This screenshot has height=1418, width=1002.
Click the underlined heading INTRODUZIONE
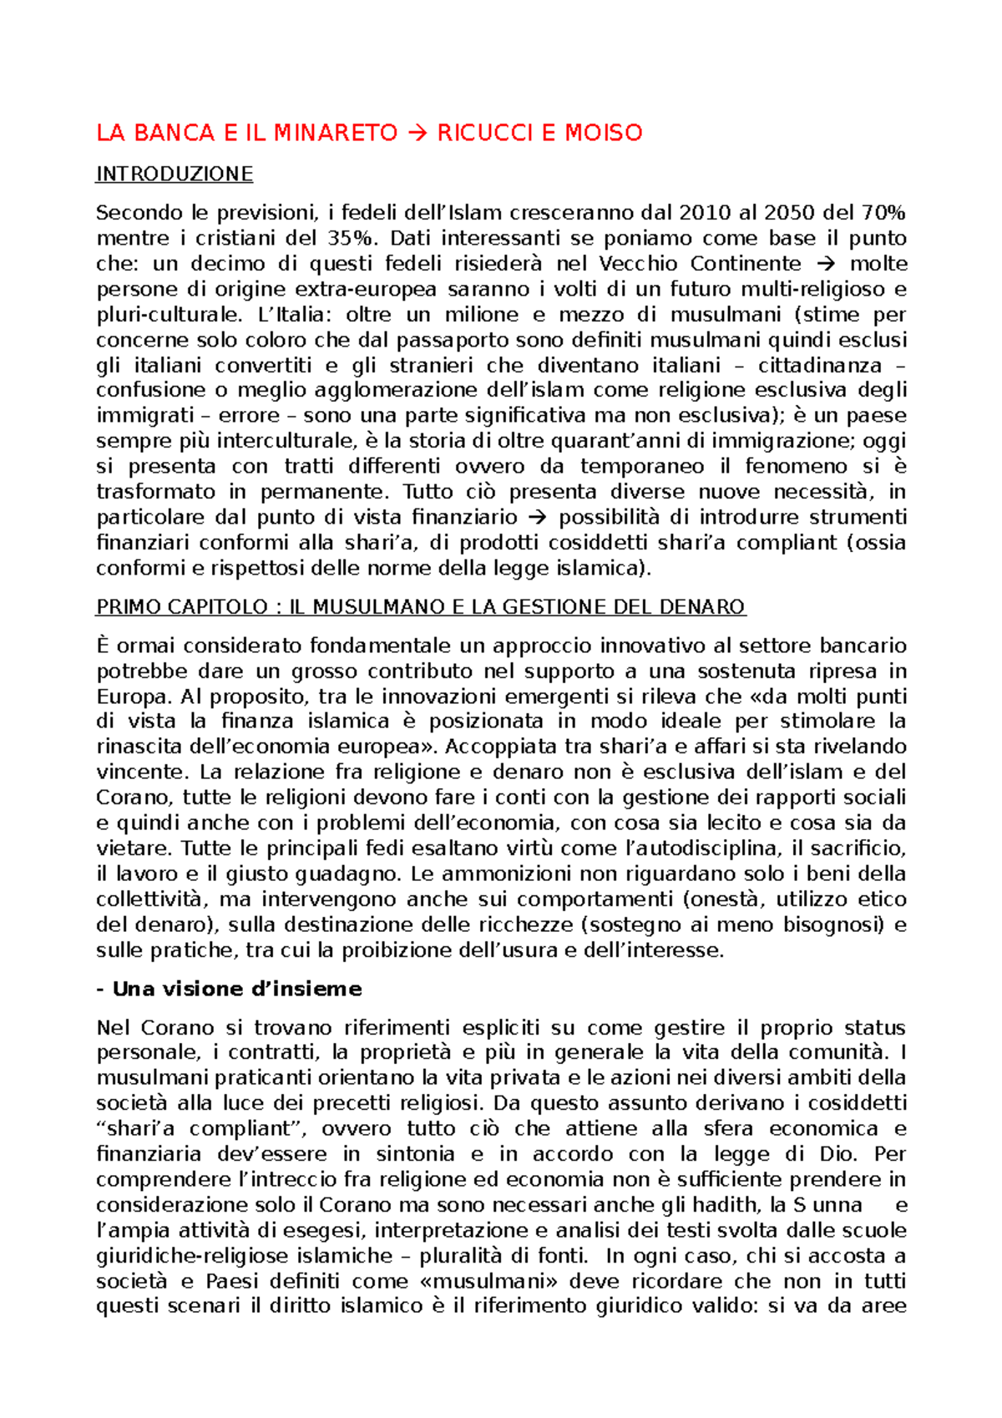[174, 174]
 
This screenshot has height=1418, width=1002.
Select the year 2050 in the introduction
[790, 213]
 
